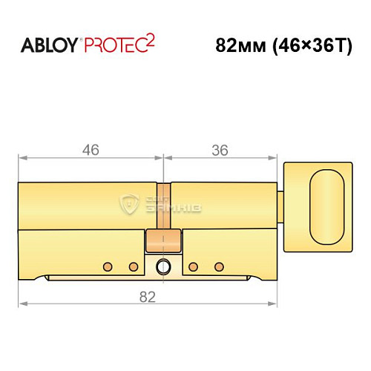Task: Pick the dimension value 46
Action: pyautogui.click(x=90, y=149)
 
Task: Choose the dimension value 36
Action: pyautogui.click(x=220, y=149)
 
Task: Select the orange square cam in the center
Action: pyautogui.click(x=164, y=241)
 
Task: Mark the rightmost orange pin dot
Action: pyautogui.click(x=218, y=266)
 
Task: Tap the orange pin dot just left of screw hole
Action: pyautogui.click(x=134, y=266)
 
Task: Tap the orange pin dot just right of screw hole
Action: pyautogui.click(x=193, y=266)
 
